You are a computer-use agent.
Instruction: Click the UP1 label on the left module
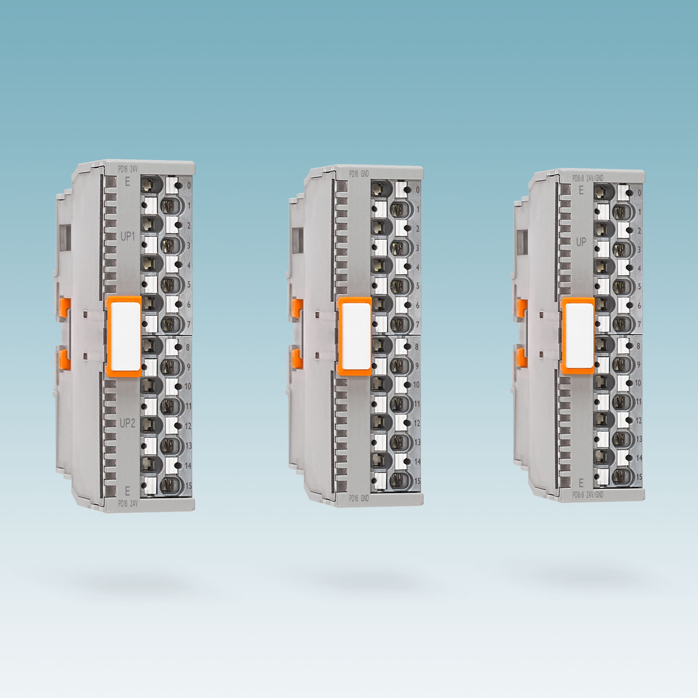(127, 237)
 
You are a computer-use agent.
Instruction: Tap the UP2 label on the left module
(127, 423)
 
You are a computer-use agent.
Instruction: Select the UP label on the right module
(581, 242)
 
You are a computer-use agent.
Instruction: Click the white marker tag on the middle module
(355, 336)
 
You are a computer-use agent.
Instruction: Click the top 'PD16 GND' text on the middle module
(359, 174)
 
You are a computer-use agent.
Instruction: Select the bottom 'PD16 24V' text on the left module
(128, 503)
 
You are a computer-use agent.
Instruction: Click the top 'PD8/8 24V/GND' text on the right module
(587, 179)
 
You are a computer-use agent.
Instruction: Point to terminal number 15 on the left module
(188, 486)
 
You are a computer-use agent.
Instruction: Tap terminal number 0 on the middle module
(417, 190)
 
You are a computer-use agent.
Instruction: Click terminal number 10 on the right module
(638, 383)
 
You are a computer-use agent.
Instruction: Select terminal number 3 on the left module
(189, 245)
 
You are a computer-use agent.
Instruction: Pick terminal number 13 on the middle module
(417, 442)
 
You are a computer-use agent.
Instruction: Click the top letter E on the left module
(127, 182)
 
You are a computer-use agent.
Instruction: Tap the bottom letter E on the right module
(581, 483)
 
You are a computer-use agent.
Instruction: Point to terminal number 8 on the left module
(188, 347)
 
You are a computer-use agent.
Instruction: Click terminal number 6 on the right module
(639, 306)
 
